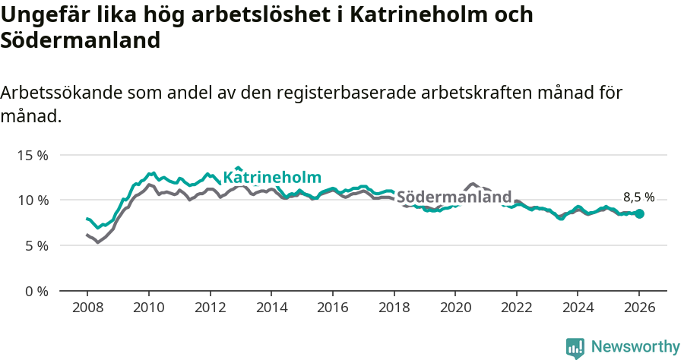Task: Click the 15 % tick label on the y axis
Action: (33, 155)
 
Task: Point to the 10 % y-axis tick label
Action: (33, 200)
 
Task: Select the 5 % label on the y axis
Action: (36, 245)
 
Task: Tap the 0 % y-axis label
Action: (36, 291)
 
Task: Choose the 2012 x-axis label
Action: (210, 308)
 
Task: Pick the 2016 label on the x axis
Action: (332, 308)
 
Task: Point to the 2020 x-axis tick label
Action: (454, 308)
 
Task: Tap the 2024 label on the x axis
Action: (578, 308)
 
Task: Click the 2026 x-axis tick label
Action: (639, 308)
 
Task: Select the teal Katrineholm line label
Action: (271, 177)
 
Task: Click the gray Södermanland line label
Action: (454, 197)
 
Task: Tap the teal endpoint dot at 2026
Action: (639, 214)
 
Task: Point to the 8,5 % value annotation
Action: (638, 197)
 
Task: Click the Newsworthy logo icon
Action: (575, 347)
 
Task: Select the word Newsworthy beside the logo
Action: (635, 347)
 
